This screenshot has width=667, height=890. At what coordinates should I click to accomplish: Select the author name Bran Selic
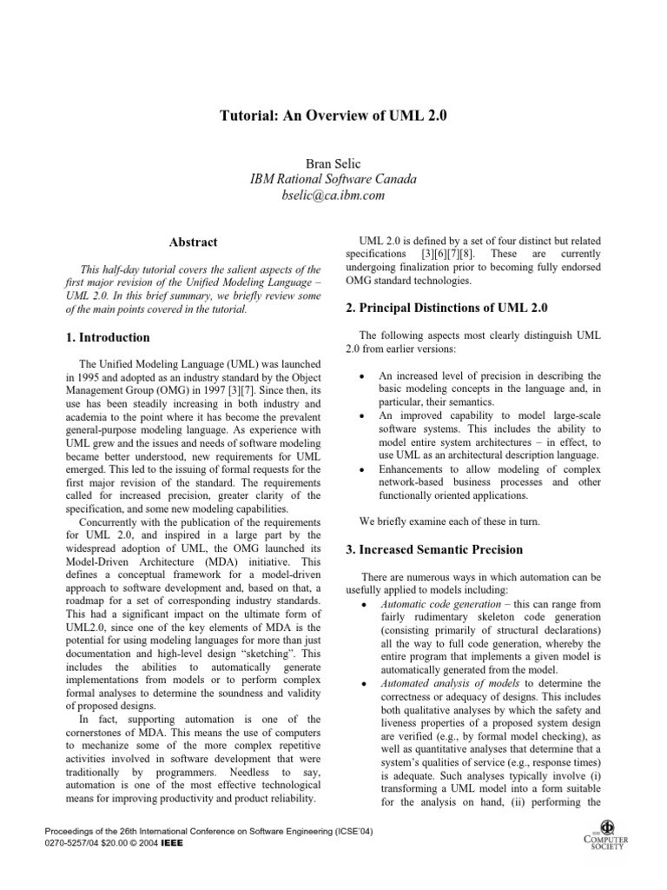pos(333,163)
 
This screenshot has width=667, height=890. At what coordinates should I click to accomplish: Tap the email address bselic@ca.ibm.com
pos(333,196)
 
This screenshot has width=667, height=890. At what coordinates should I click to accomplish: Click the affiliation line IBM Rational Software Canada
pos(333,179)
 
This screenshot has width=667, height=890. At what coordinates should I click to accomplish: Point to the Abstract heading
pos(193,242)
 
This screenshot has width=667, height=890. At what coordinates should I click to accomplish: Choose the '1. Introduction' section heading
pos(108,337)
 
